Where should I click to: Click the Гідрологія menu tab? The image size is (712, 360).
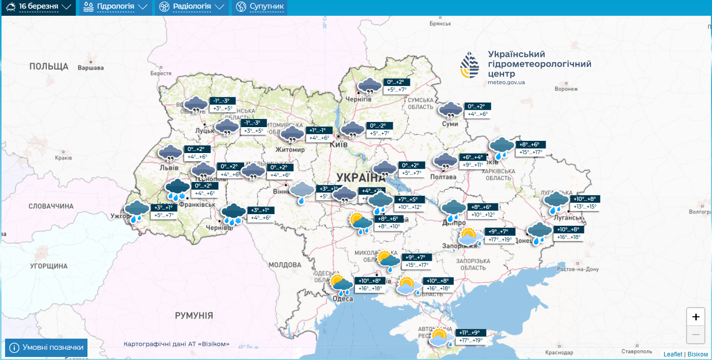(115, 7)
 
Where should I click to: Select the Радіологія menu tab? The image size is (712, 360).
(191, 7)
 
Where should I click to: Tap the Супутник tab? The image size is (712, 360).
(260, 7)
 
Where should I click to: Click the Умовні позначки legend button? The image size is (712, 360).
(46, 347)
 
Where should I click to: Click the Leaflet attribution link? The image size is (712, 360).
(673, 354)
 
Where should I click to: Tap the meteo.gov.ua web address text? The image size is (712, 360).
(506, 82)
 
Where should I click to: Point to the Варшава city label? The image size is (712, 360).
(91, 68)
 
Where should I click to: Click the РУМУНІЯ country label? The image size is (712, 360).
(194, 315)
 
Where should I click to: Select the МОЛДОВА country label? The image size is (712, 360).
(285, 265)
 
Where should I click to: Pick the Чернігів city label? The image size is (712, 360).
(359, 99)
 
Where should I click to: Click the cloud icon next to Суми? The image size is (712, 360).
(450, 110)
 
